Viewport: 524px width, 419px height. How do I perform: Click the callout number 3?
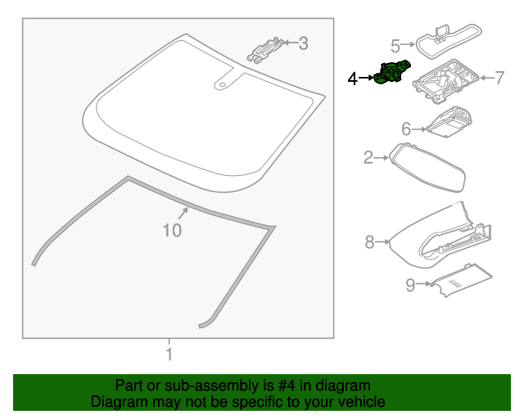pos(303,43)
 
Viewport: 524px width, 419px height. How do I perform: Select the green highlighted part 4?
pos(391,74)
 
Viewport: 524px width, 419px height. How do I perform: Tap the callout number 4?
pos(353,79)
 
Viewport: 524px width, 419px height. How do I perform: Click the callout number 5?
pos(395,45)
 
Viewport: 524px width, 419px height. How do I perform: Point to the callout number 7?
pos(499,78)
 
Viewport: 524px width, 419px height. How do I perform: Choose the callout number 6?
pos(405,128)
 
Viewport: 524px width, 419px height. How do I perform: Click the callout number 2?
pos(368,156)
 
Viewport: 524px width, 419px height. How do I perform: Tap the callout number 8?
pos(369,241)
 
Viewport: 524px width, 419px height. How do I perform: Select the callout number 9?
pos(410,285)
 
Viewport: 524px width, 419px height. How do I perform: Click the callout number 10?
pos(171,231)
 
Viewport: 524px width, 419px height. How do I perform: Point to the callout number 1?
pos(169,355)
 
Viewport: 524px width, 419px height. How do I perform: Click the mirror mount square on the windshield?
pos(222,83)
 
